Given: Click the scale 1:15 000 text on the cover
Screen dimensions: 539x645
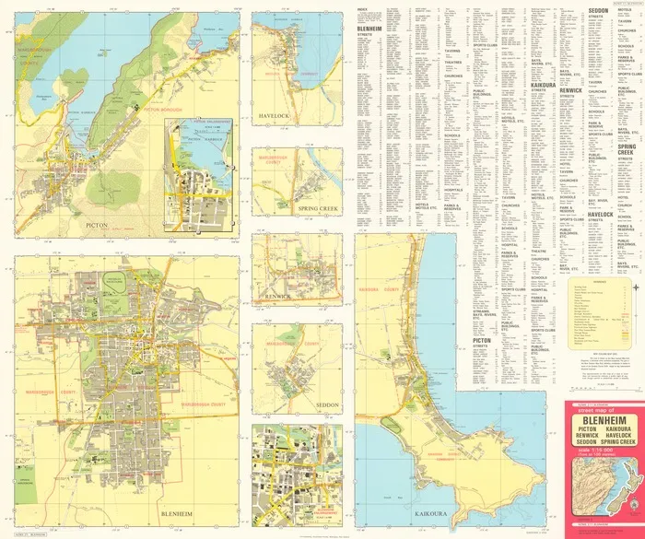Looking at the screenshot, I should [x=603, y=461].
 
